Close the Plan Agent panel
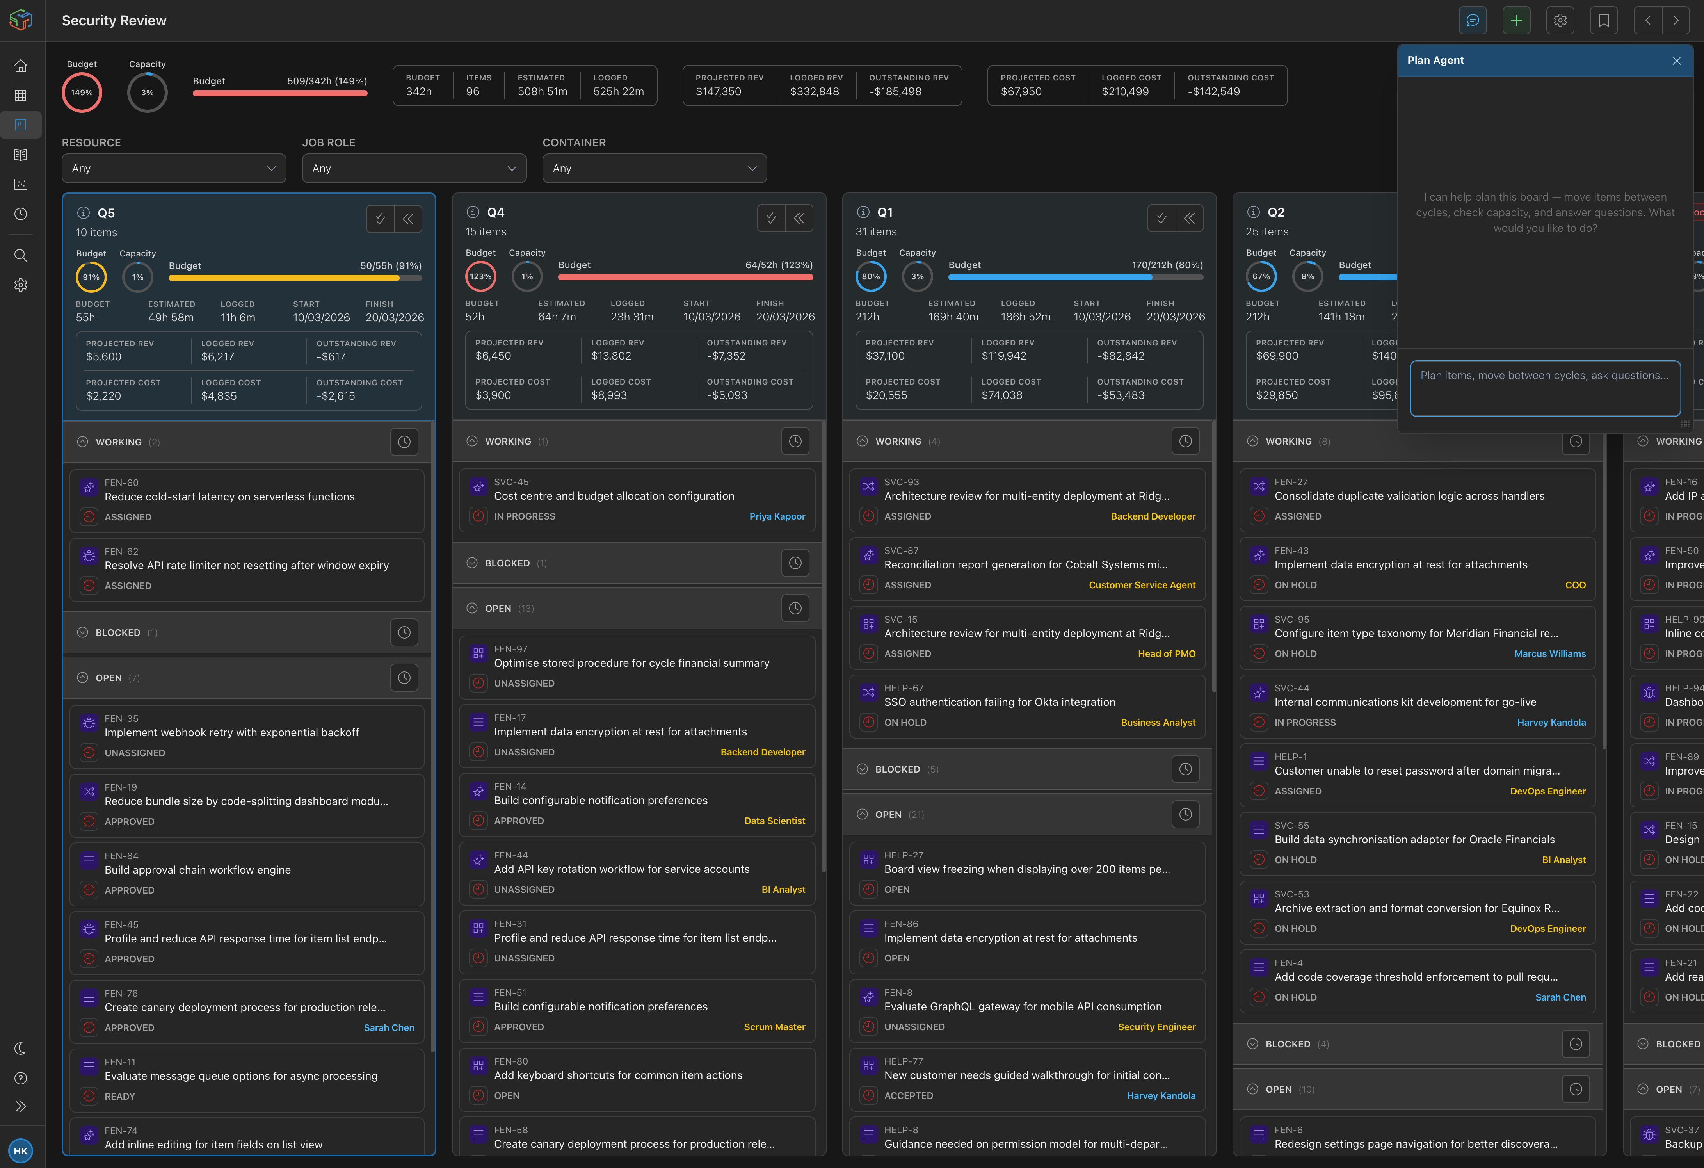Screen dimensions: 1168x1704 coord(1676,61)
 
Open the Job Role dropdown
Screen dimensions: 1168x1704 coord(414,169)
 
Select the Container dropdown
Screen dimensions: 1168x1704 coord(654,169)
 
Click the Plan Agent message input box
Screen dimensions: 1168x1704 coord(1544,388)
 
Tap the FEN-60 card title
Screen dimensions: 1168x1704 coord(229,497)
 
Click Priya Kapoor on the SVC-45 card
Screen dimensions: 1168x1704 coord(776,517)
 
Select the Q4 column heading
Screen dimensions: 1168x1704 coord(496,213)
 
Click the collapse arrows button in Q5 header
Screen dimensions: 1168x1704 coord(408,219)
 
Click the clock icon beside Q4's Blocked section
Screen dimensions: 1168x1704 coord(795,563)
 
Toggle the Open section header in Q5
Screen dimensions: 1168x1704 coord(109,678)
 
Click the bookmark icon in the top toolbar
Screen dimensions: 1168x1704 coord(1604,21)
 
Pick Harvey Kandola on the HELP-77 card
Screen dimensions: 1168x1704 coord(1161,1096)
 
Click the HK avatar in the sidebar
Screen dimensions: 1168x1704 coord(21,1150)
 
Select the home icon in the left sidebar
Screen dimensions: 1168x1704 coord(21,66)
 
